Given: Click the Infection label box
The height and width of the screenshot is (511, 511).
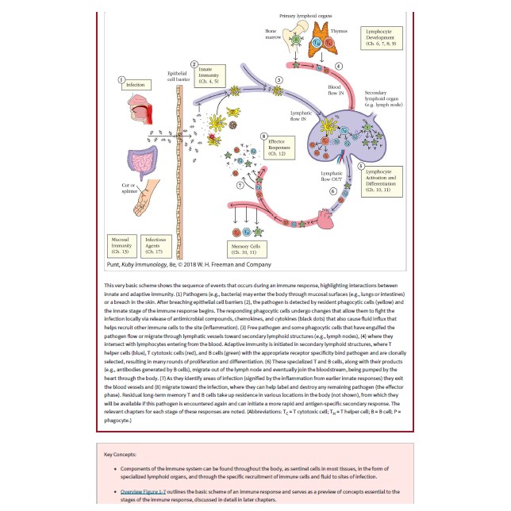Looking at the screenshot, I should click(136, 84).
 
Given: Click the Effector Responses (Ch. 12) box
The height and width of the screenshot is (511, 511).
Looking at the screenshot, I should click(279, 148).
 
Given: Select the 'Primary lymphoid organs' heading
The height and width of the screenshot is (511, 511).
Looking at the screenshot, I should click(305, 15).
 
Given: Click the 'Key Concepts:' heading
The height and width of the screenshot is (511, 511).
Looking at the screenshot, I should click(121, 455).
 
